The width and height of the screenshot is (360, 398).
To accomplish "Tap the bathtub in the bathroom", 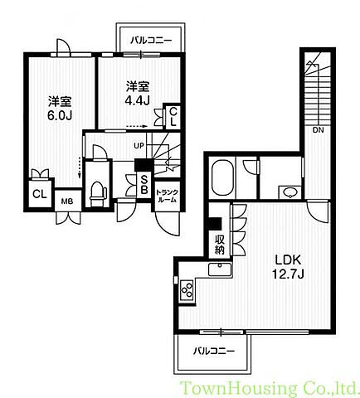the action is click(222, 178).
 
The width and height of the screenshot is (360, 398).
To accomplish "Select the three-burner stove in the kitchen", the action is click(187, 289).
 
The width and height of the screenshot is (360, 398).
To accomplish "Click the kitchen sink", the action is click(220, 269).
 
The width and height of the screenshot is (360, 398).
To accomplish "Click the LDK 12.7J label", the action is click(288, 267).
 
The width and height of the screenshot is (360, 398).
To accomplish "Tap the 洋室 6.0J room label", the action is click(60, 109).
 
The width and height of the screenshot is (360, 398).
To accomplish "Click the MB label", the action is click(67, 201).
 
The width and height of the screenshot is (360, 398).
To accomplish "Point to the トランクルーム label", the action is click(167, 197).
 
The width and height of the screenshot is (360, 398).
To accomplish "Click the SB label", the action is click(144, 185).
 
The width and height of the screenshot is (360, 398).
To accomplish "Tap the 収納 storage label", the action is click(220, 245).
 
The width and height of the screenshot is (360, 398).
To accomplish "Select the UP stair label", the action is click(139, 145).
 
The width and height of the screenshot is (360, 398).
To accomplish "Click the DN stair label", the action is click(319, 130).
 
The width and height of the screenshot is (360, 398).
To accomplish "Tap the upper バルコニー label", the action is click(151, 41).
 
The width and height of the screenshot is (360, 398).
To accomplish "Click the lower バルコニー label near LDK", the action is click(214, 352).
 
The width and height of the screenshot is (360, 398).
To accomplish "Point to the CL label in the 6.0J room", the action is click(40, 194).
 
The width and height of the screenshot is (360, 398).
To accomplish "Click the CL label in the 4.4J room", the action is click(173, 117).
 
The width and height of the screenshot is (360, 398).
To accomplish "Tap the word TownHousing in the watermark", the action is click(239, 388).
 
